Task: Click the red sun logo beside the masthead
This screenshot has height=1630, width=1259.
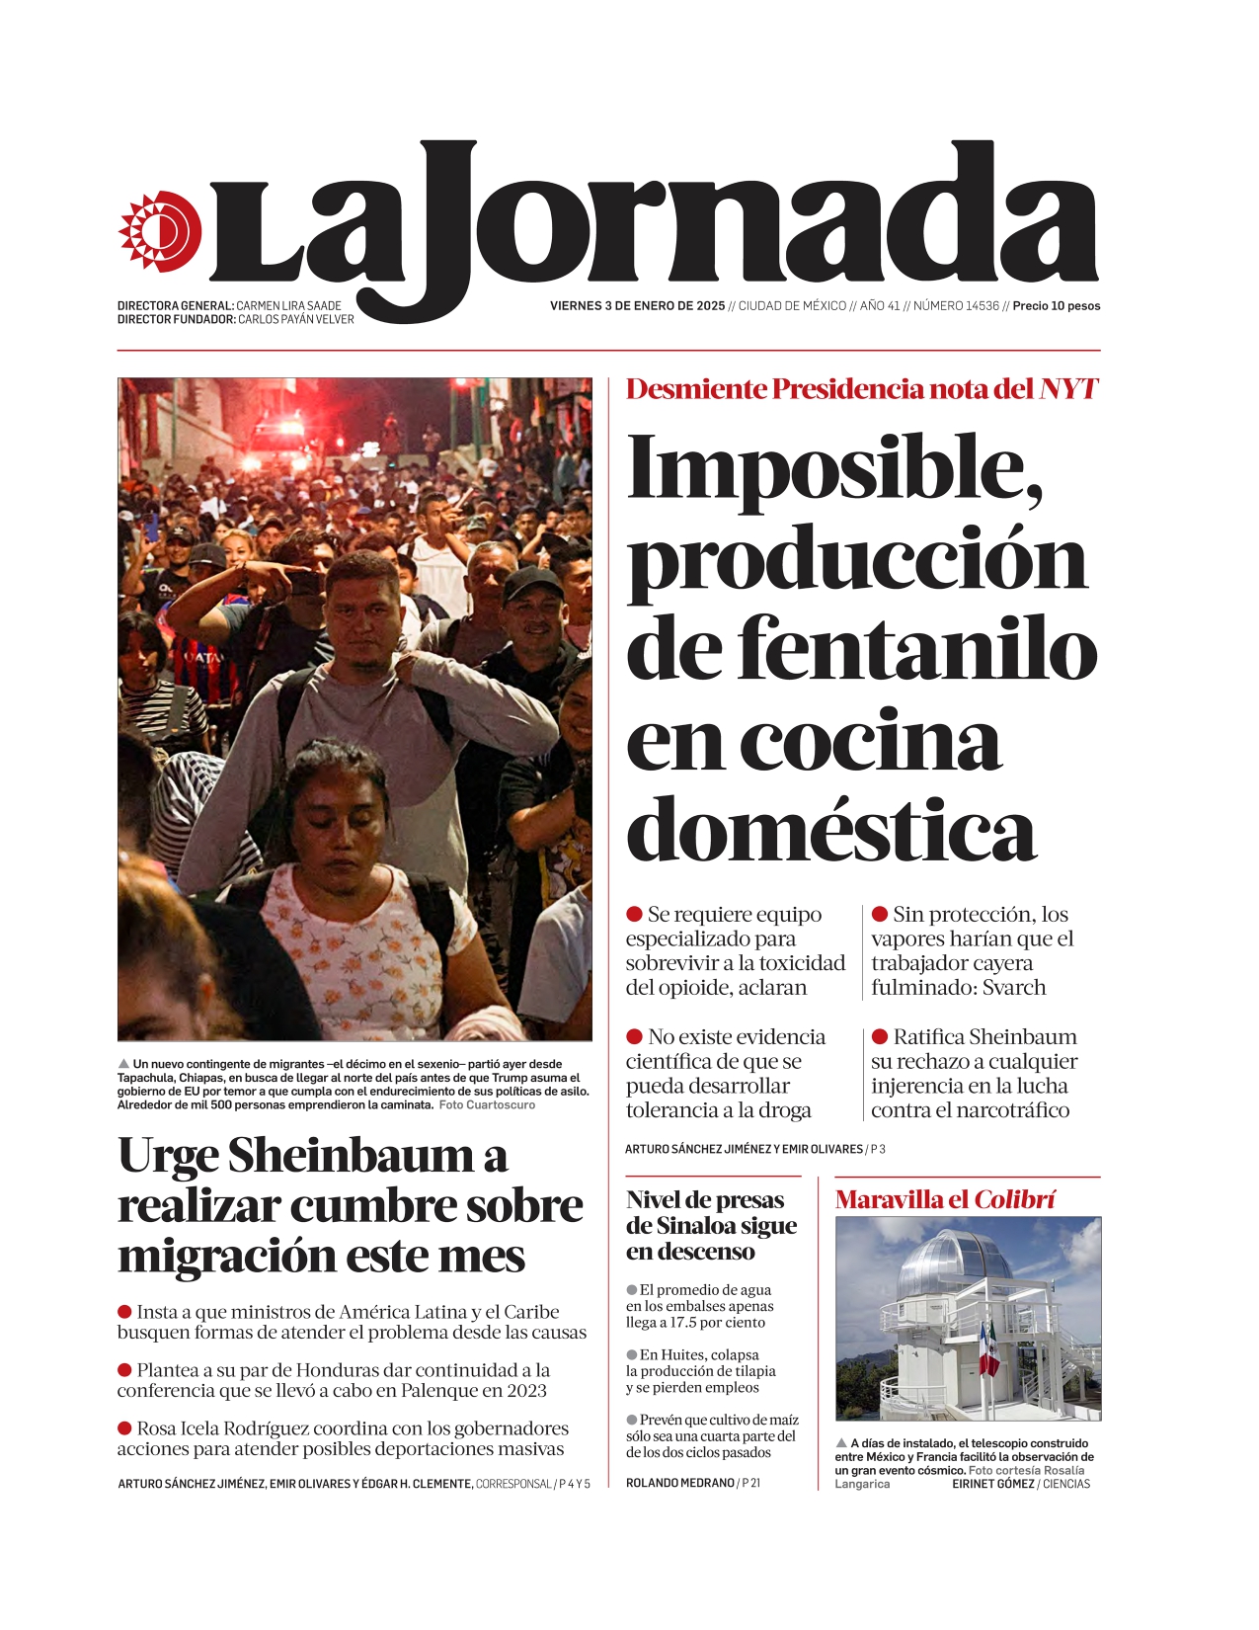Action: (x=160, y=231)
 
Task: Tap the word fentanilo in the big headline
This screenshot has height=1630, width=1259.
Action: (x=917, y=649)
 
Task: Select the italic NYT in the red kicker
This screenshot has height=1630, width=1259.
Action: (x=1067, y=388)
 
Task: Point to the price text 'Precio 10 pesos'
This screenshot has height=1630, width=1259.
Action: (x=1056, y=306)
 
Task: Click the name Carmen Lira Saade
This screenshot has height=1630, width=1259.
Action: (x=288, y=306)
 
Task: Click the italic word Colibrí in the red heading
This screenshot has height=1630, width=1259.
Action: (x=1015, y=1200)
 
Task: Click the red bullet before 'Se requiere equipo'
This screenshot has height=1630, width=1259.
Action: (x=635, y=915)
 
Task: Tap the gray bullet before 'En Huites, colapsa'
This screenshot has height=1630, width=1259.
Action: (x=632, y=1354)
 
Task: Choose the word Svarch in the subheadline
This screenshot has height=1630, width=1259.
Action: (x=1013, y=988)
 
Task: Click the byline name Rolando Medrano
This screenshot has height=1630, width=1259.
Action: (x=679, y=1483)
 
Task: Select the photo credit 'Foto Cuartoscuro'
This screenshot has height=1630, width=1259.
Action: (x=487, y=1104)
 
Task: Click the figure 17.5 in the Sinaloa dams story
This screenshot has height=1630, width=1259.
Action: (x=684, y=1323)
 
